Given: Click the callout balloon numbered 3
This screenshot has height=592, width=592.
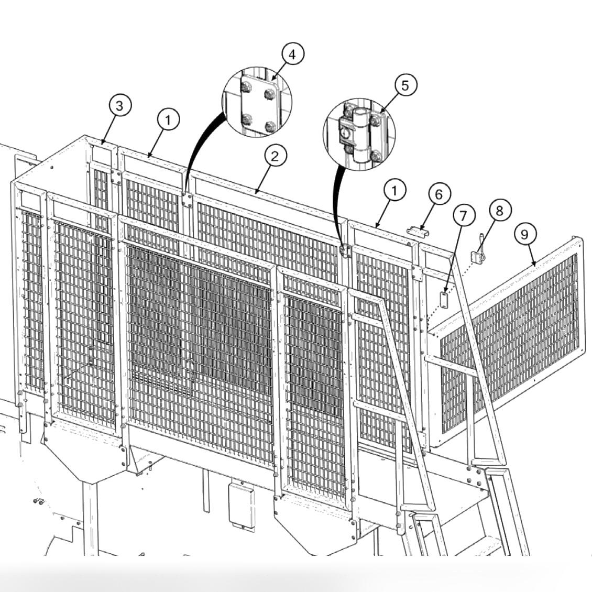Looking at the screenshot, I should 120,106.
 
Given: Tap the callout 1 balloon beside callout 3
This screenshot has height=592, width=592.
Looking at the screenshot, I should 168,120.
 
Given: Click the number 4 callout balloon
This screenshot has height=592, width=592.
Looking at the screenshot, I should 292,54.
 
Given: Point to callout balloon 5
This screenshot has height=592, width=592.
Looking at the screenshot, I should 405,85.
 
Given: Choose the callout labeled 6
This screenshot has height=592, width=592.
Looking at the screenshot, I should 438,194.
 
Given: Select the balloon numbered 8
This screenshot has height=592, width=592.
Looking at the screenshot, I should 498,211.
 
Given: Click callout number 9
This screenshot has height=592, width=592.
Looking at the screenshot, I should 524,234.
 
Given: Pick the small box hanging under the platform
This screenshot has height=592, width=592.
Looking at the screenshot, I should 240,503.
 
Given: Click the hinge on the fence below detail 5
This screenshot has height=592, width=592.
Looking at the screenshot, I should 345,250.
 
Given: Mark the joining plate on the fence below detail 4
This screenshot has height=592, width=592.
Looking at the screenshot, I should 185,200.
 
